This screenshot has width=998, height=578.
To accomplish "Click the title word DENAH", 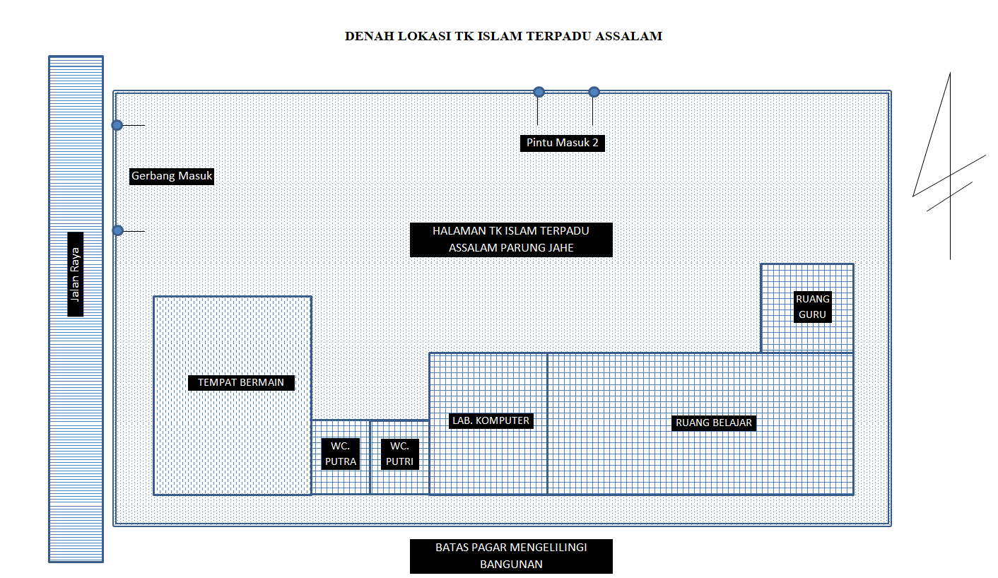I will pos(363,36).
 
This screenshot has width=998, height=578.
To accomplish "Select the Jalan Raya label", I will pos(76,274).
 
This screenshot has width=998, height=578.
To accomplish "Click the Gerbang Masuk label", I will pos(172,176).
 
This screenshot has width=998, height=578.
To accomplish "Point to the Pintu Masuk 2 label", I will pos(563,143).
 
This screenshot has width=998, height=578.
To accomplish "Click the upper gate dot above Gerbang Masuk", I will pos(117,125).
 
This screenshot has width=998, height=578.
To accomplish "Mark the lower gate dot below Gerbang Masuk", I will pos(118,230).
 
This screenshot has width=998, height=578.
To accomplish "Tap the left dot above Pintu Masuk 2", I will pos(539,92).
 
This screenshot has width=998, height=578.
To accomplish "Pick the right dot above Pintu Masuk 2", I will pos(594,92).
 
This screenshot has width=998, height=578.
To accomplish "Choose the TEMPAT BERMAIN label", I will pos(241,382).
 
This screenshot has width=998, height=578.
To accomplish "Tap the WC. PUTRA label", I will pos(340,454).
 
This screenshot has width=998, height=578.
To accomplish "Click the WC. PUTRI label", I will pos(399,454).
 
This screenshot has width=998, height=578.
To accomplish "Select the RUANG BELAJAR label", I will pos(714,423).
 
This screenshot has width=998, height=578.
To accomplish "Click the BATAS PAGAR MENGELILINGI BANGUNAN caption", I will pos(511,556).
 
